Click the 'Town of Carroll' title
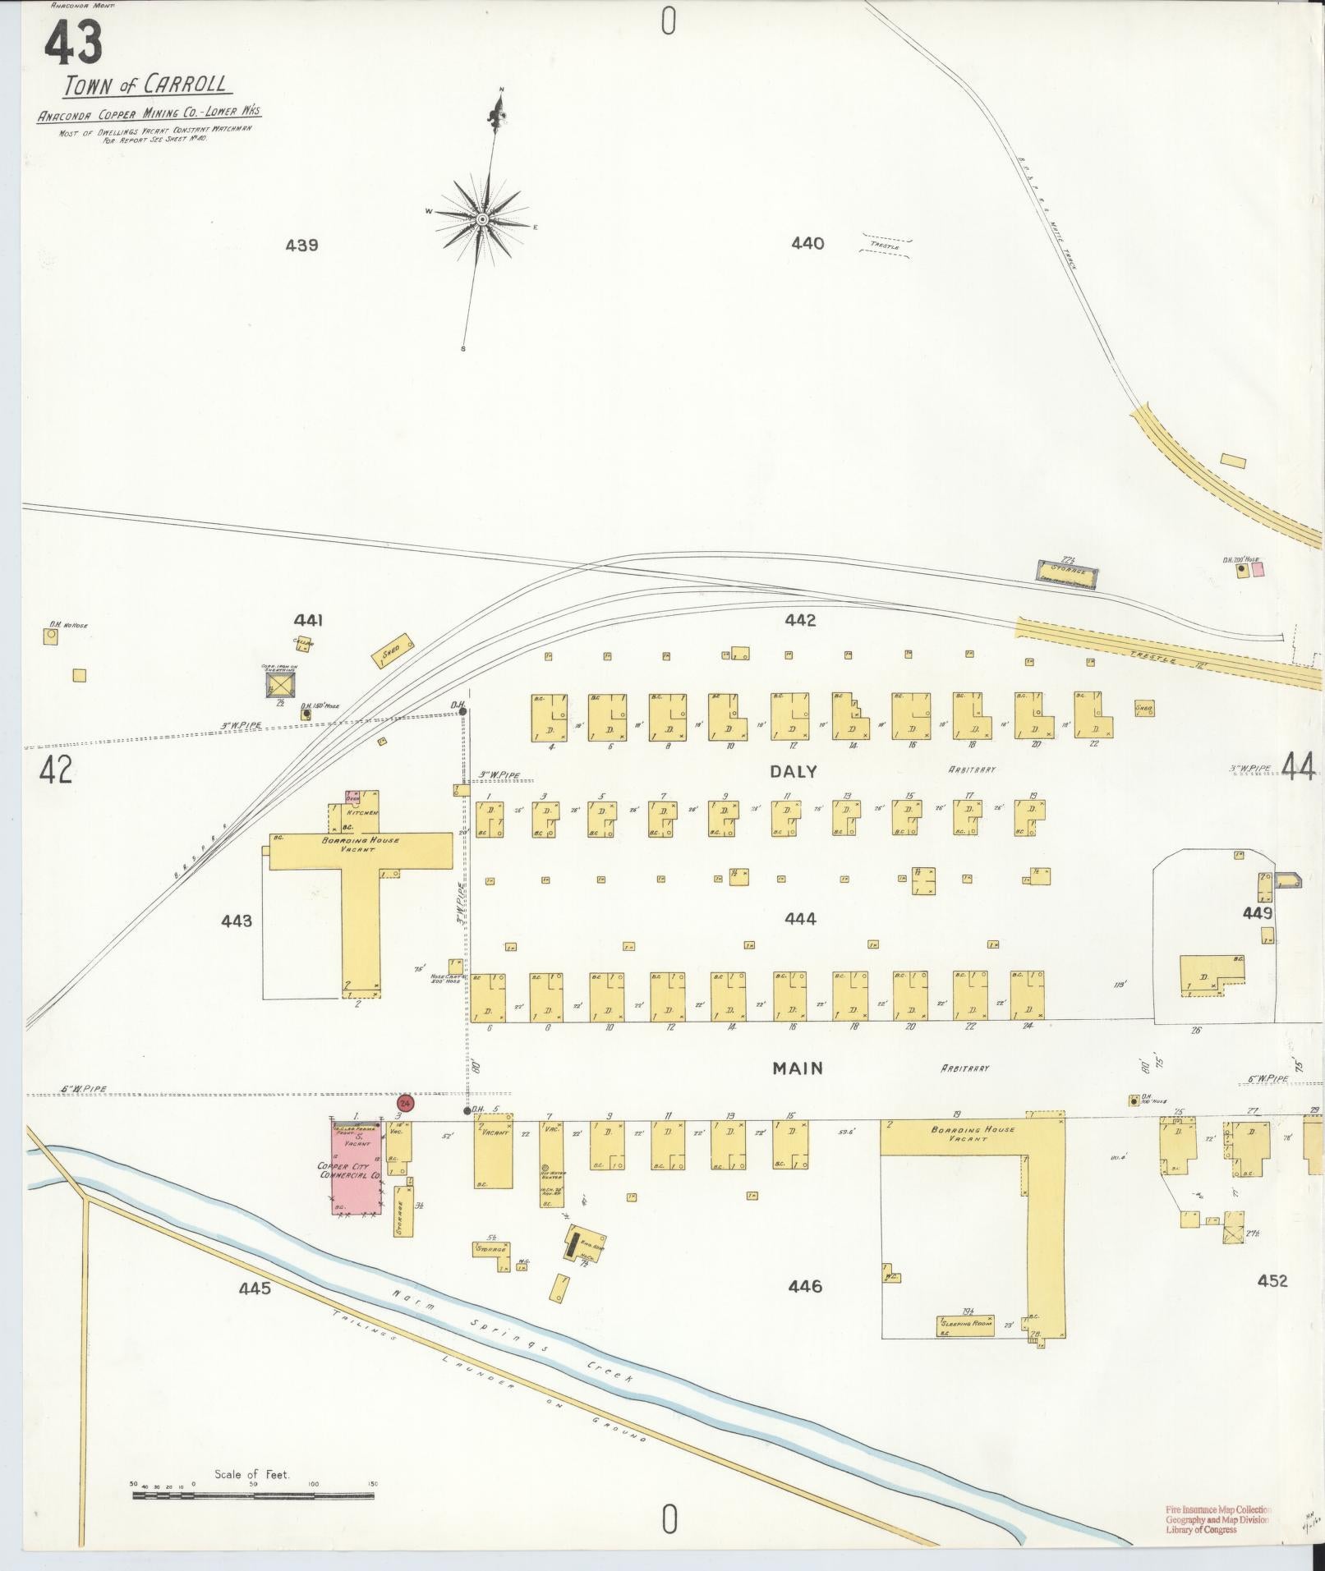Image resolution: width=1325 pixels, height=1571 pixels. [x=145, y=85]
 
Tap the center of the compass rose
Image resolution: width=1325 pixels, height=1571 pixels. [x=483, y=219]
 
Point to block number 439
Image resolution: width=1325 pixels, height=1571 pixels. [x=301, y=245]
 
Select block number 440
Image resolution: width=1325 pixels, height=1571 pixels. [x=807, y=243]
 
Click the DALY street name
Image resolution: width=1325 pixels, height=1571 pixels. [x=794, y=771]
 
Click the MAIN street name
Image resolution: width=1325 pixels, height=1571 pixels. [x=797, y=1068]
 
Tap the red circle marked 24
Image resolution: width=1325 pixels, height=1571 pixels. [x=405, y=1103]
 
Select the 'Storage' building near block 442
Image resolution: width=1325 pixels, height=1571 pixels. [x=1065, y=572]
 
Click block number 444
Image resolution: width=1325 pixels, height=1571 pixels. [x=800, y=919]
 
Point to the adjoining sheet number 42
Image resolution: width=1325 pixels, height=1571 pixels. [x=55, y=769]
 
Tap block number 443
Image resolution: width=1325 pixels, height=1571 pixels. [x=237, y=921]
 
